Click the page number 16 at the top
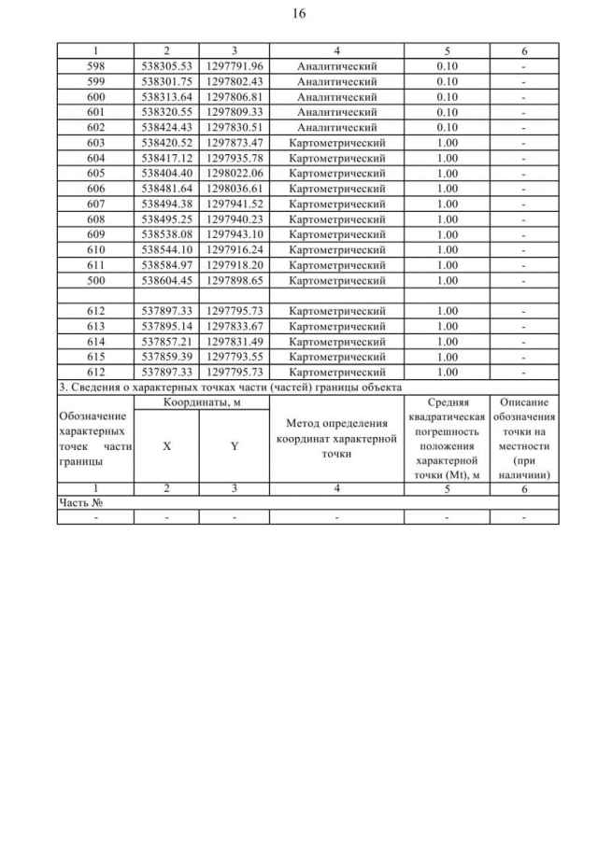tap(299, 14)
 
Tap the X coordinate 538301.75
tap(166, 82)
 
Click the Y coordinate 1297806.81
tap(235, 96)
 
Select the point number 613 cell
tap(95, 326)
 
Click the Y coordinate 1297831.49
tap(235, 340)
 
